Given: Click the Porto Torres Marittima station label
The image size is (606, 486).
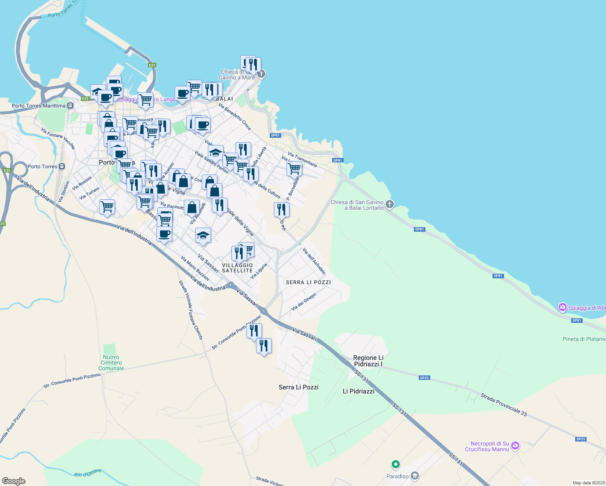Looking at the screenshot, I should pyautogui.click(x=38, y=106).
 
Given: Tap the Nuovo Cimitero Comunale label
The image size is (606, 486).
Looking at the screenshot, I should pyautogui.click(x=111, y=363).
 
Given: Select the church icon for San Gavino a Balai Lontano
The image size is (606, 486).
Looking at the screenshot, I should pyautogui.click(x=390, y=205).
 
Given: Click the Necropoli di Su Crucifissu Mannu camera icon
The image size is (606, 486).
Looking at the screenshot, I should pyautogui.click(x=515, y=446).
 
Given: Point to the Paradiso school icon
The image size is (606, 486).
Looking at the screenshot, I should pyautogui.click(x=414, y=476).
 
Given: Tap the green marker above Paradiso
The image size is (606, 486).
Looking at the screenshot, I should pyautogui.click(x=396, y=464).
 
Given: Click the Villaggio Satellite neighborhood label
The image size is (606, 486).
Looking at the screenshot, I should pyautogui.click(x=237, y=268).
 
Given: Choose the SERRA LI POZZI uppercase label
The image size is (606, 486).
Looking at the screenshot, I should pyautogui.click(x=308, y=282).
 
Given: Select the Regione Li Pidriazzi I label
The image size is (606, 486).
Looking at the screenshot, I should pyautogui.click(x=368, y=361).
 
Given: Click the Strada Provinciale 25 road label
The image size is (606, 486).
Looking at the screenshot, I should pyautogui.click(x=504, y=405).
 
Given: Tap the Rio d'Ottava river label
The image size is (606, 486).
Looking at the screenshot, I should pyautogui.click(x=87, y=473).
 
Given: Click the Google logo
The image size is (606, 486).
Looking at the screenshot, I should pyautogui.click(x=14, y=481).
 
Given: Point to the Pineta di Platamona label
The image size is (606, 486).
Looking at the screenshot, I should pyautogui.click(x=584, y=339).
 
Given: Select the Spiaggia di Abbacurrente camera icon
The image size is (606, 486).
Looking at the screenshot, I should pyautogui.click(x=562, y=307).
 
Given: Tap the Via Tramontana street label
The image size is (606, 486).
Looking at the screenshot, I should pyautogui.click(x=302, y=160).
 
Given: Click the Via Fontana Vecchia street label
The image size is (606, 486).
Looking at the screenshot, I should pyautogui.click(x=58, y=139).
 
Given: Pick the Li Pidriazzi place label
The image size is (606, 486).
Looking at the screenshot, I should pyautogui.click(x=358, y=391).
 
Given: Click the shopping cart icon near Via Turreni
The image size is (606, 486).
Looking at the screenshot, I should pyautogui.click(x=107, y=207).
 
